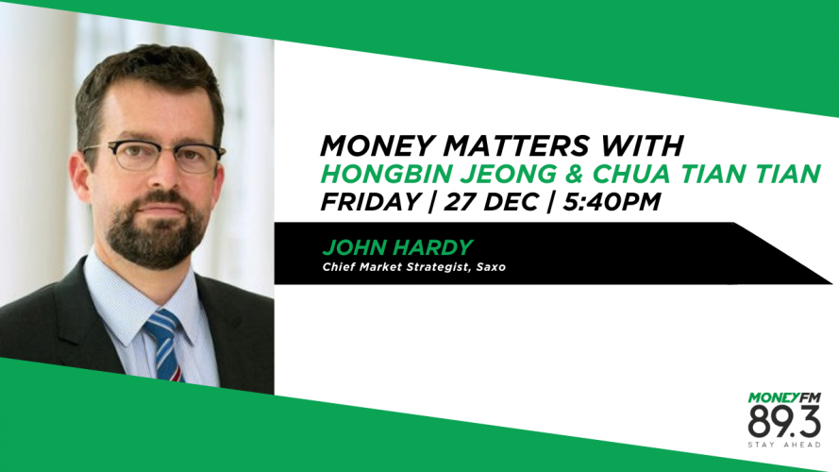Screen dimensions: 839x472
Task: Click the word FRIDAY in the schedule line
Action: [x=370, y=202]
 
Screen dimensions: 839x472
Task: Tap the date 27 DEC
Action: [x=491, y=202]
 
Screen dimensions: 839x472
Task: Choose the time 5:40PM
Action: [x=612, y=202]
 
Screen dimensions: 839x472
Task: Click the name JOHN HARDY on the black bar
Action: [x=397, y=247]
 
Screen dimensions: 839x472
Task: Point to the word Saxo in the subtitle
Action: [x=491, y=266]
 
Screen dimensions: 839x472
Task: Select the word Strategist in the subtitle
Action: [x=439, y=267]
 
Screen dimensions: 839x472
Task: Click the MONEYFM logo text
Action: [x=784, y=398]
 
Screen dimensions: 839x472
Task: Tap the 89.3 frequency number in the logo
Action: [x=784, y=422]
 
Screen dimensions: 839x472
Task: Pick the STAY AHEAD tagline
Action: [x=784, y=445]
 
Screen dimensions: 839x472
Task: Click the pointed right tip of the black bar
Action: [x=832, y=283]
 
